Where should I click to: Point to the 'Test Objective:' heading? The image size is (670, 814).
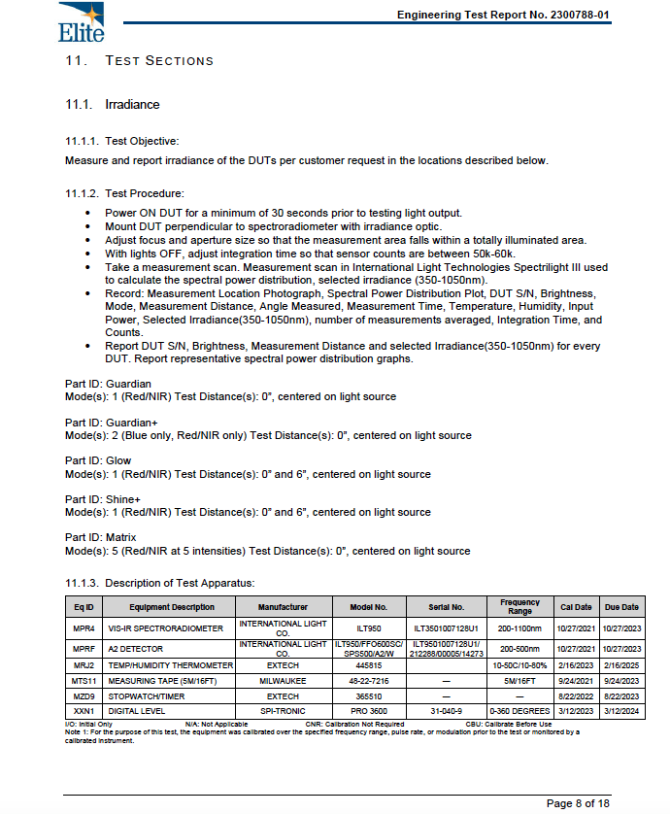coord(142,141)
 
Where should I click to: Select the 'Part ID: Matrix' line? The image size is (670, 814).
coord(101,537)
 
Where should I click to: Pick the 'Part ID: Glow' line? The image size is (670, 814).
coord(98,460)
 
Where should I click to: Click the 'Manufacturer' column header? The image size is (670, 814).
coord(283,607)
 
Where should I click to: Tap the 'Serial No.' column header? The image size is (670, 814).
coord(446,607)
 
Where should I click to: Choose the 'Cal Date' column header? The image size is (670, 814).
coord(576,607)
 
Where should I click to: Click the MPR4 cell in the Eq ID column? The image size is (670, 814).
coord(84,628)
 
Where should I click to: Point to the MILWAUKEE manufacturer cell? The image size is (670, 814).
coord(283,681)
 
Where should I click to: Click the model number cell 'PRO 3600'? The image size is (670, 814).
coord(368,710)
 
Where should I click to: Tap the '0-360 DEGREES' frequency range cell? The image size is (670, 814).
coord(519,710)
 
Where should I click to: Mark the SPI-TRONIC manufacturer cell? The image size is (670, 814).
coord(283,710)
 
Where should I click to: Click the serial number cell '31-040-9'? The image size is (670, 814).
coord(446,710)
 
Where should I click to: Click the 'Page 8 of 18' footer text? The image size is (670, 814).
coord(578,802)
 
